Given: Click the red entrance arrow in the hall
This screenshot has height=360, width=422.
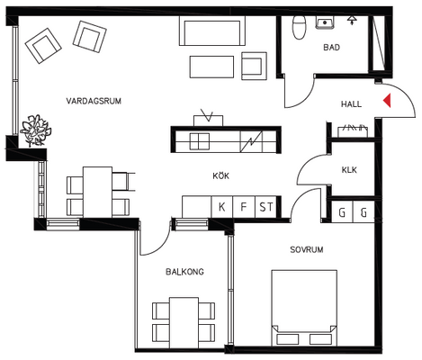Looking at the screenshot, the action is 387,100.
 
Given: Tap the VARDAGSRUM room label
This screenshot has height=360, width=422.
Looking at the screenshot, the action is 94,101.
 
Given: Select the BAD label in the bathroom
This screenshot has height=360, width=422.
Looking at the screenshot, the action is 331,48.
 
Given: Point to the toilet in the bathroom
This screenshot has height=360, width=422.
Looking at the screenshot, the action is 299,27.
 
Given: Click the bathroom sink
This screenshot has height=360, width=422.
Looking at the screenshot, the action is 325,22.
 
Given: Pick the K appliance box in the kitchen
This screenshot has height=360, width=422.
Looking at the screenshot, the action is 222,207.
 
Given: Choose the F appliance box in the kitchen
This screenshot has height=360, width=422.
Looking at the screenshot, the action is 244,207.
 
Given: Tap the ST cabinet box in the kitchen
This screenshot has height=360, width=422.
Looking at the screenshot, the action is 265,207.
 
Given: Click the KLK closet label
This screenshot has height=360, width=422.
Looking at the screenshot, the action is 349,170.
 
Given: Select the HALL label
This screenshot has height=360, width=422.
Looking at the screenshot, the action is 351,104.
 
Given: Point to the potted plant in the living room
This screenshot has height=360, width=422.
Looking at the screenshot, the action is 35,130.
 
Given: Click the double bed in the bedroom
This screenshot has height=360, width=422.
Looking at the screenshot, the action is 304,308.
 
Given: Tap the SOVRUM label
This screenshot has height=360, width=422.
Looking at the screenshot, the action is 307,249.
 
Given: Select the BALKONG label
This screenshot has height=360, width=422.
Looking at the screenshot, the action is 184,272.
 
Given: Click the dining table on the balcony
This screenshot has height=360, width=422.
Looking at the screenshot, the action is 184,322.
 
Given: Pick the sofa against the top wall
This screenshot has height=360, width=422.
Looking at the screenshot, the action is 212,31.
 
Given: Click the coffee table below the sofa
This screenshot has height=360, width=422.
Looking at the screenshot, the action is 211,67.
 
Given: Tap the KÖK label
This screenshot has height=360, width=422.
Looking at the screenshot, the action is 221,175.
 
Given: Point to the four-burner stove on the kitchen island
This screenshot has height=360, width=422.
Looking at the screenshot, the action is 200,141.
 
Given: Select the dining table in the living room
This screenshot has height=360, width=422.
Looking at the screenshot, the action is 97,192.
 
